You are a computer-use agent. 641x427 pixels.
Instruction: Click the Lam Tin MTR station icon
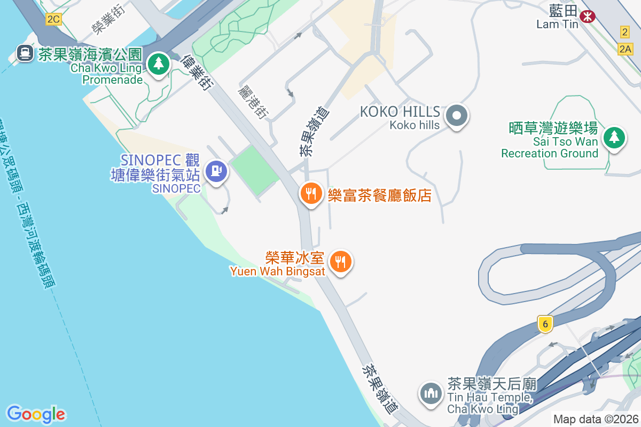[x=588, y=17]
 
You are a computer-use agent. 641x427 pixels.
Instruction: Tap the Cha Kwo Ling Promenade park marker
[x=158, y=64]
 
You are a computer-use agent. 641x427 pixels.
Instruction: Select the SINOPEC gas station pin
[x=216, y=171]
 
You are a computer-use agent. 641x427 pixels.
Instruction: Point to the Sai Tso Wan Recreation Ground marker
[x=614, y=138]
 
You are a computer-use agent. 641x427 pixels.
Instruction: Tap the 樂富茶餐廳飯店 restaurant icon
[x=310, y=193]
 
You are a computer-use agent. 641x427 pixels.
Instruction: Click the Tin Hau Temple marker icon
[x=431, y=394]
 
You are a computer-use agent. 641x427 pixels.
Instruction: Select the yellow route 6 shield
[x=544, y=323]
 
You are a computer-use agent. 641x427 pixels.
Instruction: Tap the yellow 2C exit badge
[x=53, y=20]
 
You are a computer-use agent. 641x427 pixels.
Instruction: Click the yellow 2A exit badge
[x=625, y=50]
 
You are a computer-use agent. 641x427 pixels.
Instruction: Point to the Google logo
[x=36, y=414]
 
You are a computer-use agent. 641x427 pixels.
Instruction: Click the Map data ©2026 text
[x=596, y=420]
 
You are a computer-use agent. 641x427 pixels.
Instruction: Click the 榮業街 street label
[x=104, y=20]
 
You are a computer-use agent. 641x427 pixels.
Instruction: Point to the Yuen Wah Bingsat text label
[x=278, y=271]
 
